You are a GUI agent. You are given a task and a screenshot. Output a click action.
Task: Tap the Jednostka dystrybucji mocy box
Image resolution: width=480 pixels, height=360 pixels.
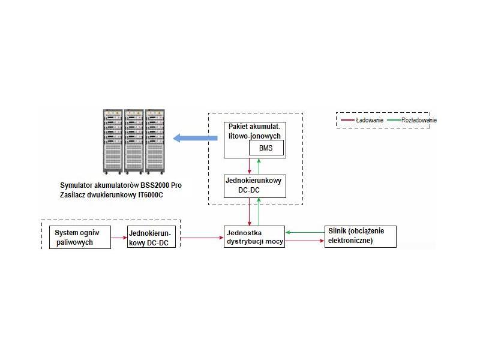(253, 237)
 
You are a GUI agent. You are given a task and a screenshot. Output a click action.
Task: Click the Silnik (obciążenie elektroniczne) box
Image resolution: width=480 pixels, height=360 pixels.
(361, 236)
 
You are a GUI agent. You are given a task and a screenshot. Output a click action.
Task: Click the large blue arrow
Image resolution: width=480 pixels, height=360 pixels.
(195, 139)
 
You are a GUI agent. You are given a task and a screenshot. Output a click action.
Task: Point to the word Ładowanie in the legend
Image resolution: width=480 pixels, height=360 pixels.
(370, 120)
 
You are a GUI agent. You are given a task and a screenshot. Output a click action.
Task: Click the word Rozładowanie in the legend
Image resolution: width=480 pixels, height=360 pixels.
(419, 120)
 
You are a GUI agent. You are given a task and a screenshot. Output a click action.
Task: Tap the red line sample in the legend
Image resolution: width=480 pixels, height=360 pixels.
(347, 120)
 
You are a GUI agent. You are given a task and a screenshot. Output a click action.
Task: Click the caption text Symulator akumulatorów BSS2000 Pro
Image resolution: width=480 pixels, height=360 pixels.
(121, 185)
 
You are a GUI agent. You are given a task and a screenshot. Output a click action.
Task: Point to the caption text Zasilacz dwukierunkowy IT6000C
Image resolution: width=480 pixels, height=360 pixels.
(112, 196)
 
